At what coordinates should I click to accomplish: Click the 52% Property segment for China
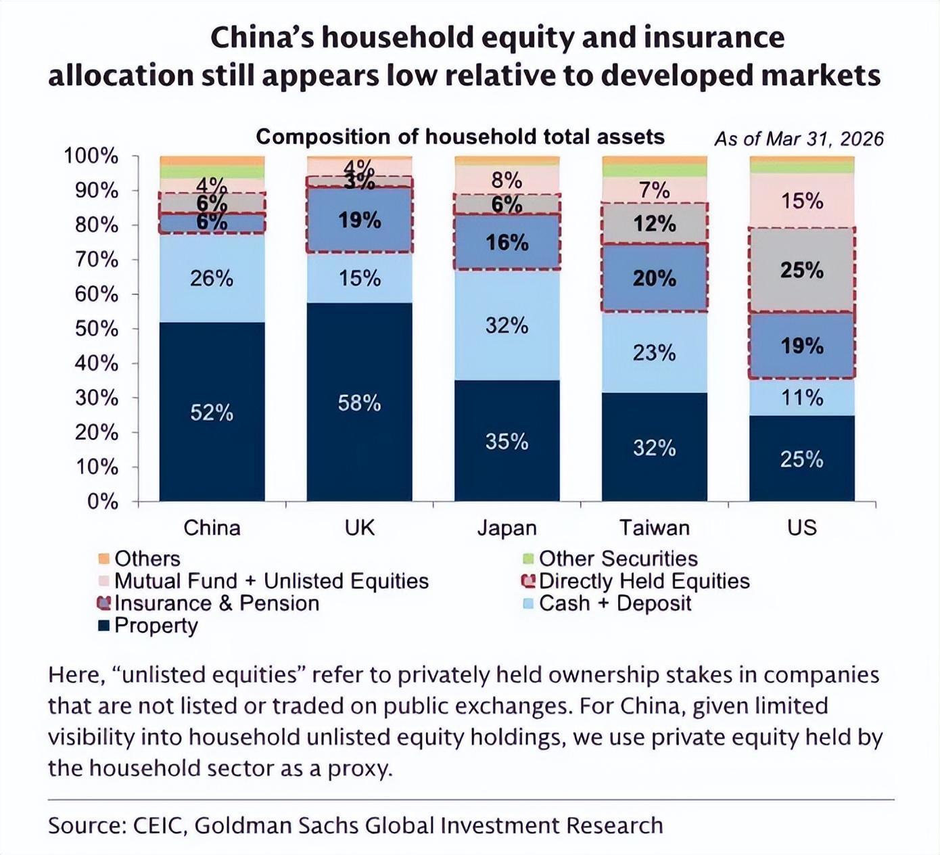click(x=212, y=411)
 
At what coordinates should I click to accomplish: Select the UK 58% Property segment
click(x=359, y=402)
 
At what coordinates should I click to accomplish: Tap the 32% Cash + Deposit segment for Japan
click(x=507, y=325)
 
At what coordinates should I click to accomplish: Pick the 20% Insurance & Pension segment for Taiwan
click(x=655, y=278)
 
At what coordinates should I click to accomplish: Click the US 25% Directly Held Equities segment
click(x=802, y=270)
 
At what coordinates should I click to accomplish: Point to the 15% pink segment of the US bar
click(x=802, y=201)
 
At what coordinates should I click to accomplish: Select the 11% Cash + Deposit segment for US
click(x=802, y=397)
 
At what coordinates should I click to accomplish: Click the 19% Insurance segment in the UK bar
click(x=359, y=221)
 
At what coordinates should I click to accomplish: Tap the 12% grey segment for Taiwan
click(x=655, y=224)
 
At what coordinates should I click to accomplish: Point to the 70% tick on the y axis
click(x=135, y=260)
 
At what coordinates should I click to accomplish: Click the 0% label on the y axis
click(x=103, y=502)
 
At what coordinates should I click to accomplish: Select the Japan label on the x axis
click(x=507, y=528)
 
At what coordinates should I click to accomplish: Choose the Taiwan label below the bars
click(x=655, y=528)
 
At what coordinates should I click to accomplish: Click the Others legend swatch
click(x=103, y=559)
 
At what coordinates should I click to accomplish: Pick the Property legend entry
click(x=148, y=626)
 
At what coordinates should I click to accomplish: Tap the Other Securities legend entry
click(x=609, y=559)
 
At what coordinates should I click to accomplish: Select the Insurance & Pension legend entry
click(x=208, y=603)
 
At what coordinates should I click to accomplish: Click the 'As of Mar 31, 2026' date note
click(x=799, y=139)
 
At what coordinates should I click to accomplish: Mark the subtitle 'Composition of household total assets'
click(x=460, y=137)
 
